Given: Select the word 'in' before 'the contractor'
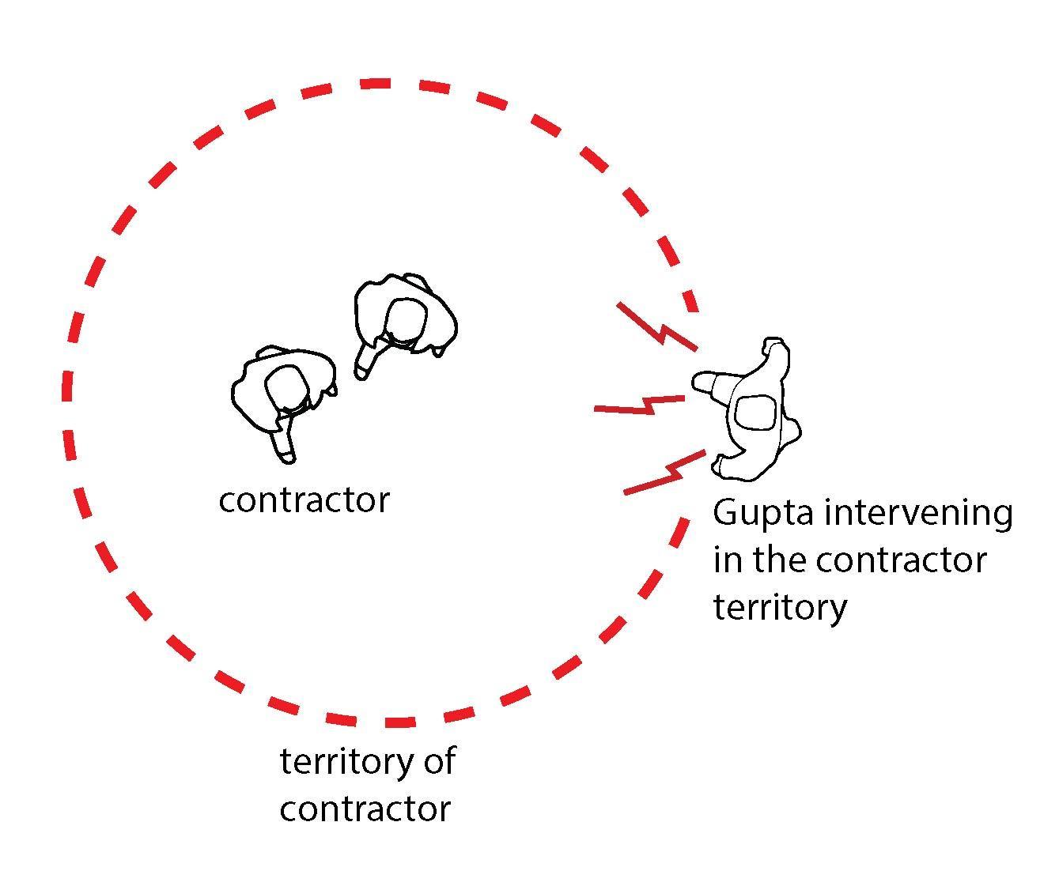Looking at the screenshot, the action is click(x=727, y=560).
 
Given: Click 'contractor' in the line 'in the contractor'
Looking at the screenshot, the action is click(x=901, y=561).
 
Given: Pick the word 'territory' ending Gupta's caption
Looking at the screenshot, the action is click(x=779, y=608).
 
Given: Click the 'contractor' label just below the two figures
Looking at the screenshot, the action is click(x=304, y=500).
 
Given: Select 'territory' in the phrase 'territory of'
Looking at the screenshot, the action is click(x=346, y=762).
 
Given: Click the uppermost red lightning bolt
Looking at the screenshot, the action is click(x=657, y=325).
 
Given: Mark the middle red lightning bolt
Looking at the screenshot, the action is click(x=639, y=405).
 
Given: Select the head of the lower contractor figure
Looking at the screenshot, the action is click(x=286, y=388).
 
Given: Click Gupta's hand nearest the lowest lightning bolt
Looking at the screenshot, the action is click(x=725, y=466).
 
